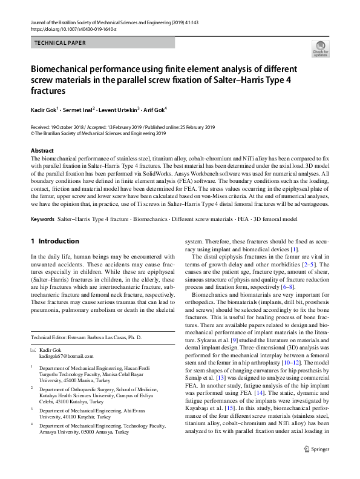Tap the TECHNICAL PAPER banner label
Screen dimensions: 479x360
61,43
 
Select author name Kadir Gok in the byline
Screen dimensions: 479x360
45,110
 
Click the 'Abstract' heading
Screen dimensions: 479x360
42,150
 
